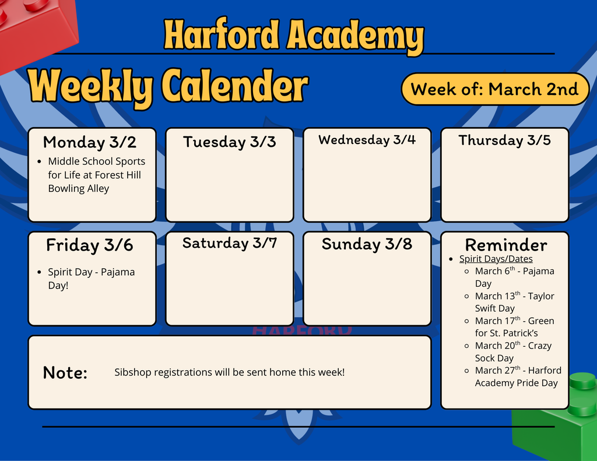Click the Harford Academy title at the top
(293, 35)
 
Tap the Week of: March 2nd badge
(494, 89)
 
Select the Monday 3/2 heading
(90, 142)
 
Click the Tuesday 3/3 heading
(229, 142)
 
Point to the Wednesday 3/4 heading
(367, 140)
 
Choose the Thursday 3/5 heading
(504, 140)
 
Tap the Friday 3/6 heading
(90, 245)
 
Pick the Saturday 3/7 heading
(229, 243)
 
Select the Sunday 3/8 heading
(367, 244)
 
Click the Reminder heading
(505, 245)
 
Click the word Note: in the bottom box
(65, 373)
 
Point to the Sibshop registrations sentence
(229, 372)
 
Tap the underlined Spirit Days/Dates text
(496, 259)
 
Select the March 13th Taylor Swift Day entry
(514, 302)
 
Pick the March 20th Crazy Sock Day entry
(512, 351)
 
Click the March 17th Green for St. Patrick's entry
(514, 327)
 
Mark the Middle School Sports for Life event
(96, 175)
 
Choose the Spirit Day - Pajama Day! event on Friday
(91, 279)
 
